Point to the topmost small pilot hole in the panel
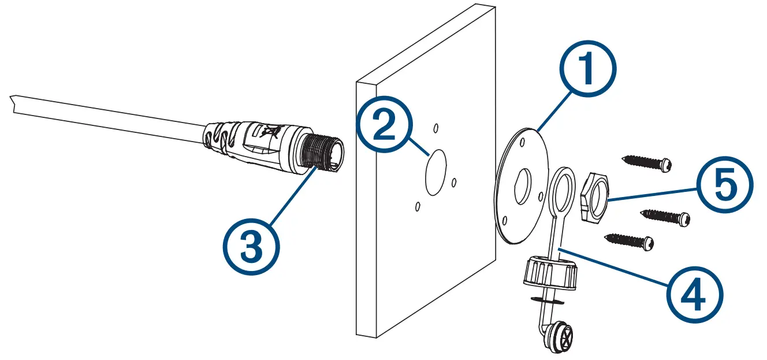pos(437,127)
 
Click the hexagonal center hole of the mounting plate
pos(524,185)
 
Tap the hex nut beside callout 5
pos(593,197)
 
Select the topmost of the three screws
pos(647,162)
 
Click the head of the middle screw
pos(685,219)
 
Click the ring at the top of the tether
pos(563,188)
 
